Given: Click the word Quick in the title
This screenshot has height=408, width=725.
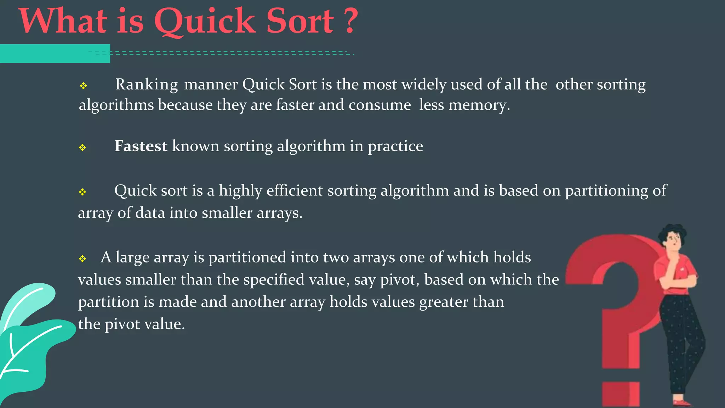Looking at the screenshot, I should click(204, 22).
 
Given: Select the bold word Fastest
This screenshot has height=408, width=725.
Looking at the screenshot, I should click(141, 146).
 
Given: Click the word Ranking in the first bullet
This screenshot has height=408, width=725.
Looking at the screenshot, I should click(147, 85).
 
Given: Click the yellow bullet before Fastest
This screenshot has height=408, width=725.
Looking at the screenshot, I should click(82, 147).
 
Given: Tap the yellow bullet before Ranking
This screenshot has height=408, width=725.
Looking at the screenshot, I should click(83, 86).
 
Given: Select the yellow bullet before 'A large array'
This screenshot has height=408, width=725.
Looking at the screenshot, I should click(82, 259).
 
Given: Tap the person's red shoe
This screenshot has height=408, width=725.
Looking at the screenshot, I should click(681, 403).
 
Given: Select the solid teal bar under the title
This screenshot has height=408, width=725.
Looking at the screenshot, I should click(55, 53).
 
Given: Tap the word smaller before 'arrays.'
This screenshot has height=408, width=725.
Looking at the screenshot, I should click(227, 213).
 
